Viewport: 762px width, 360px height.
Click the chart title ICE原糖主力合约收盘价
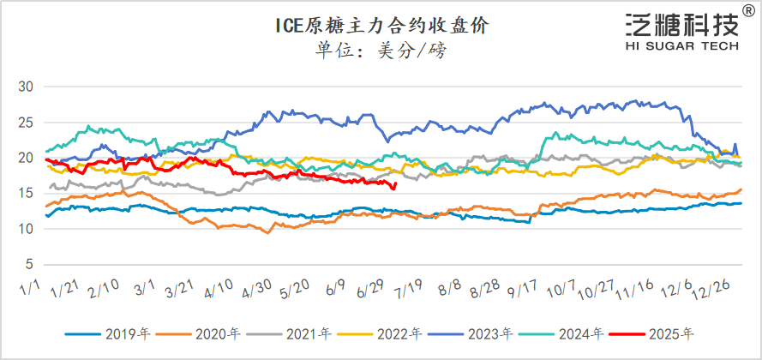[381, 27]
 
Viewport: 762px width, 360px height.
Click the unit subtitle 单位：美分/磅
[381, 51]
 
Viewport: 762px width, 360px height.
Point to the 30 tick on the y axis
[25, 87]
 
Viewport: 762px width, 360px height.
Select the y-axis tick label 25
[25, 122]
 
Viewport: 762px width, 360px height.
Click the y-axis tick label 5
[28, 263]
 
